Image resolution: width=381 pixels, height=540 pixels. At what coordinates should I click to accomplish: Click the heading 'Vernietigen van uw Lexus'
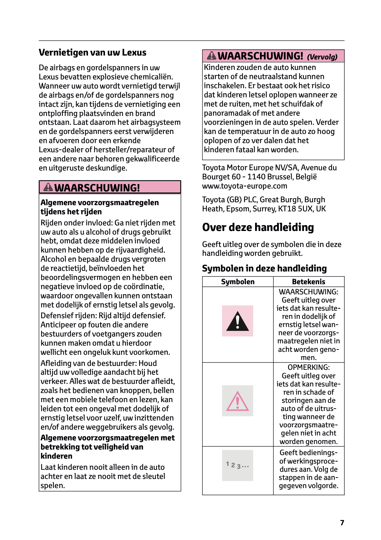point(92,53)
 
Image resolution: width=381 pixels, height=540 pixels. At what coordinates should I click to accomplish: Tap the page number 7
point(342,523)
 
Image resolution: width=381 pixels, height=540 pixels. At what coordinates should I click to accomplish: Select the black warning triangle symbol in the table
point(237,321)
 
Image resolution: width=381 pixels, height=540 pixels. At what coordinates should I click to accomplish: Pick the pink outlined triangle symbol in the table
point(237,401)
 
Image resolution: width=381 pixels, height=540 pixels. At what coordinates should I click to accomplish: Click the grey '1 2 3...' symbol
point(237,466)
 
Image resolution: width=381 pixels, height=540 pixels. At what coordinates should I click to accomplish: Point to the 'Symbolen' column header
point(238,282)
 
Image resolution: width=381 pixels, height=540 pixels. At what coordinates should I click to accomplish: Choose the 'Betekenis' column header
point(308,282)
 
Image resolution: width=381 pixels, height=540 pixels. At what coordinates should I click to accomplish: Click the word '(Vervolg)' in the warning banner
point(322,57)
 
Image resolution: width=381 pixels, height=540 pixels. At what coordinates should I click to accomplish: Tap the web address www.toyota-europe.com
point(245,186)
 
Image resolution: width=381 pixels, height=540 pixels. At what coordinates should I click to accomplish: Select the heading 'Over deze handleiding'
point(258,227)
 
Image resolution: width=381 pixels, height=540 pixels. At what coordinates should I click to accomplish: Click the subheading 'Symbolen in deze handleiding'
point(264,269)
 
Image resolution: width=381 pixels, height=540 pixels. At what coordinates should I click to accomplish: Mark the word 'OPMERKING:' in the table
point(308,368)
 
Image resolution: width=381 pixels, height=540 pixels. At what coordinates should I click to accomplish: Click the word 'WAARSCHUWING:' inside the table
point(308,292)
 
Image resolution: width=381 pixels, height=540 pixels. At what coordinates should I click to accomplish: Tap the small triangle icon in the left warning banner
point(48,188)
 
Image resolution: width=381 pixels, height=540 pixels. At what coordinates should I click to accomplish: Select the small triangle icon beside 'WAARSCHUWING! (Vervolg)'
point(212,56)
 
